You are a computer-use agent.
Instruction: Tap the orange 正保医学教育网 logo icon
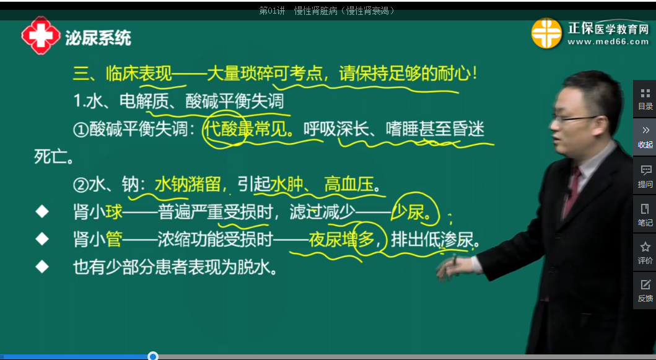[546, 33]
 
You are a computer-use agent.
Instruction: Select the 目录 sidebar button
[645, 99]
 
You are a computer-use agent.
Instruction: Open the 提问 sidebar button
[645, 177]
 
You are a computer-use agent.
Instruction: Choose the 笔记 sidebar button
[645, 215]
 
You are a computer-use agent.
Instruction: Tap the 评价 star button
[645, 253]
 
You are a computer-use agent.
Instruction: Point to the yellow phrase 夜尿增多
[342, 240]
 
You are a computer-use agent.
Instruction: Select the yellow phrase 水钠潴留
[187, 184]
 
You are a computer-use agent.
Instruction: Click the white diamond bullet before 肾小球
[42, 213]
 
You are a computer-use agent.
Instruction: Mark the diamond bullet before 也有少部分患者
[42, 267]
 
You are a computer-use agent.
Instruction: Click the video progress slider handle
[153, 356]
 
